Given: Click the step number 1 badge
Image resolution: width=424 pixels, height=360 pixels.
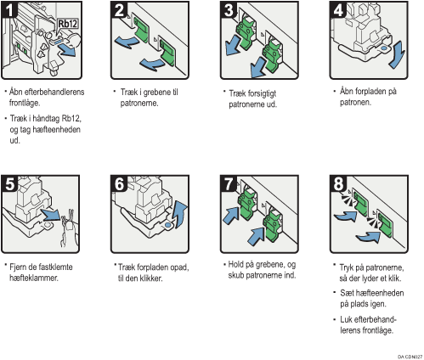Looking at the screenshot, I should tap(9, 11).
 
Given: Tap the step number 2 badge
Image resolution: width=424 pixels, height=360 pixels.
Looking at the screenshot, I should tap(118, 11).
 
